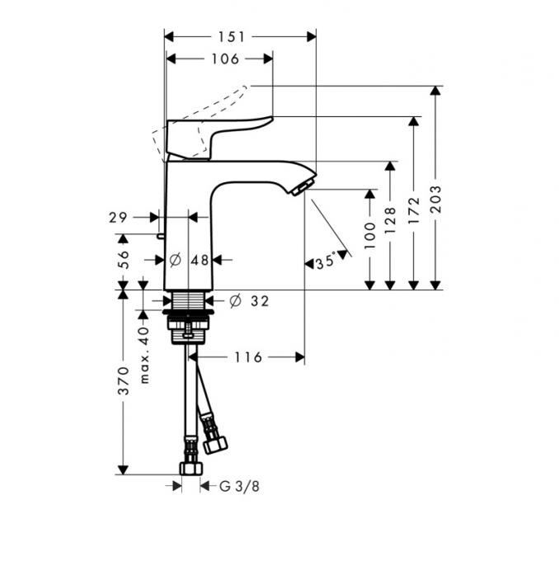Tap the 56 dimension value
coord(123,259)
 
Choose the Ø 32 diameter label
coord(248,301)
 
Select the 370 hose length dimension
coord(123,380)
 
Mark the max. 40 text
coord(144,355)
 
